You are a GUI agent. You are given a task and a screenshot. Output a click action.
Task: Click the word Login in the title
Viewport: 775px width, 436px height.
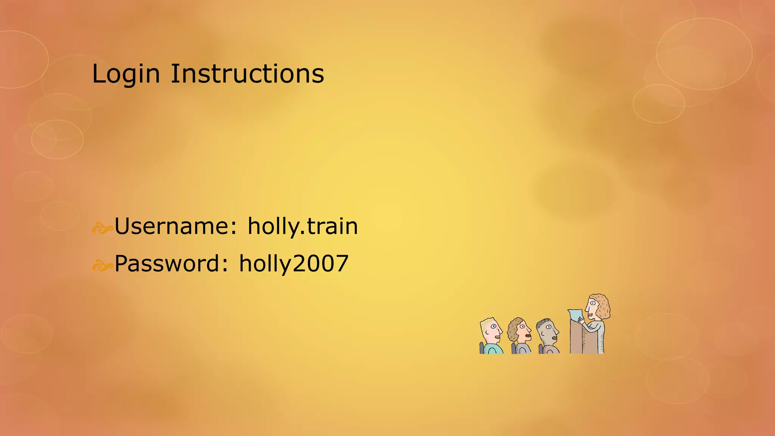[x=126, y=74]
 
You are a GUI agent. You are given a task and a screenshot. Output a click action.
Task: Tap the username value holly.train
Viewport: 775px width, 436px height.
[x=303, y=226]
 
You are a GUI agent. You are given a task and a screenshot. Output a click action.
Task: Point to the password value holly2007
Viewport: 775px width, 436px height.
[x=294, y=263]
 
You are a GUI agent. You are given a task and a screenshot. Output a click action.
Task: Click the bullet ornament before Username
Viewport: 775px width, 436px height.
[x=102, y=228]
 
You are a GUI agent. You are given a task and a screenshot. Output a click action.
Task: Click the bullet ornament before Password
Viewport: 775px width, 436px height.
[x=102, y=266]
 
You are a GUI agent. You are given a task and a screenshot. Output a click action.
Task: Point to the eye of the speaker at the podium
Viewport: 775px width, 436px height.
[x=592, y=303]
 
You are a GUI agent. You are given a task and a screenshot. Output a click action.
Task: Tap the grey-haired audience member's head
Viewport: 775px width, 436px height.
[x=548, y=331]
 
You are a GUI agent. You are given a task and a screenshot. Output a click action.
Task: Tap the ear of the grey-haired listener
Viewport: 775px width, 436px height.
[x=543, y=334]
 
